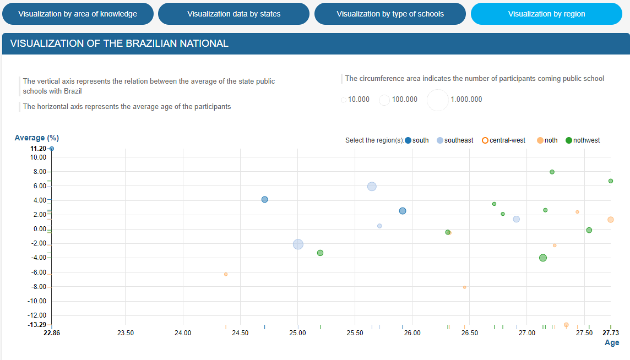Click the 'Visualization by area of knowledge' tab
[x=78, y=14]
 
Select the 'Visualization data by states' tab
[x=233, y=14]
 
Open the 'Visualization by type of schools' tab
[x=390, y=14]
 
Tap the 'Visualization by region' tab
[x=546, y=14]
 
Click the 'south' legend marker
[x=408, y=140]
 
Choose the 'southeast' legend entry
[x=440, y=140]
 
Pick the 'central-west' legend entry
[x=485, y=140]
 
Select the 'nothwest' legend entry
[x=569, y=140]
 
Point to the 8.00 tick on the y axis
[x=39, y=172]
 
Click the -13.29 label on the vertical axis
[x=38, y=324]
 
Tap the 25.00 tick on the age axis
[x=297, y=333]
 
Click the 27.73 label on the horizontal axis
[x=611, y=333]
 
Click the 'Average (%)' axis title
[x=36, y=138]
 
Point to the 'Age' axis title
[x=612, y=342]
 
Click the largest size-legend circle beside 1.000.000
[x=438, y=100]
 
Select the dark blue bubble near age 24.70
[x=264, y=199]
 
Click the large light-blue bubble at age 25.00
[x=298, y=244]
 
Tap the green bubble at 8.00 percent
[x=552, y=172]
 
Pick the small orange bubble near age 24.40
[x=226, y=274]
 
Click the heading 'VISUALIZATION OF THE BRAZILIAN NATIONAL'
[x=120, y=43]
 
